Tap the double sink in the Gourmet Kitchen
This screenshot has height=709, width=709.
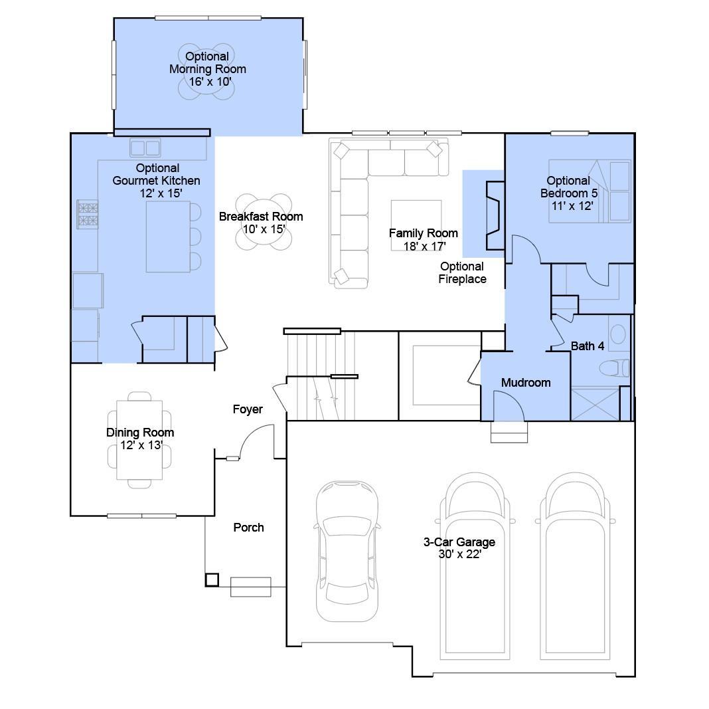tap(145, 148)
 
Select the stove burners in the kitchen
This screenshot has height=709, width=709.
tap(88, 215)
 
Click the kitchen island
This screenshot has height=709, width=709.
tap(168, 236)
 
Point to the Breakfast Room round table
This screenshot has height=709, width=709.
tap(264, 222)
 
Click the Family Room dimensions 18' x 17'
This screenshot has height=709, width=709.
tap(425, 246)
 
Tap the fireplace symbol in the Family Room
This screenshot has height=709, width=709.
tap(495, 215)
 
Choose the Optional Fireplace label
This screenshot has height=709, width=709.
tap(462, 273)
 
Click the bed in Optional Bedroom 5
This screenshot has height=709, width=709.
tap(590, 191)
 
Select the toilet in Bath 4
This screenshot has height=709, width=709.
tap(614, 368)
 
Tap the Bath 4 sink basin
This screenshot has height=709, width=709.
tap(618, 334)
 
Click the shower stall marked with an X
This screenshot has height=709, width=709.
tap(595, 403)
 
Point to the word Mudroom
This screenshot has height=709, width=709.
tap(526, 383)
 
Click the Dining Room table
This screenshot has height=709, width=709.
tap(139, 440)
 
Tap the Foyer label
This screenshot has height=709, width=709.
tap(248, 409)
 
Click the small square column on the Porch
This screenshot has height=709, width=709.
tap(212, 579)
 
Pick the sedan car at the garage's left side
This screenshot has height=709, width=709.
tap(347, 551)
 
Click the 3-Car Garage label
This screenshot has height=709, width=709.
tap(459, 548)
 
